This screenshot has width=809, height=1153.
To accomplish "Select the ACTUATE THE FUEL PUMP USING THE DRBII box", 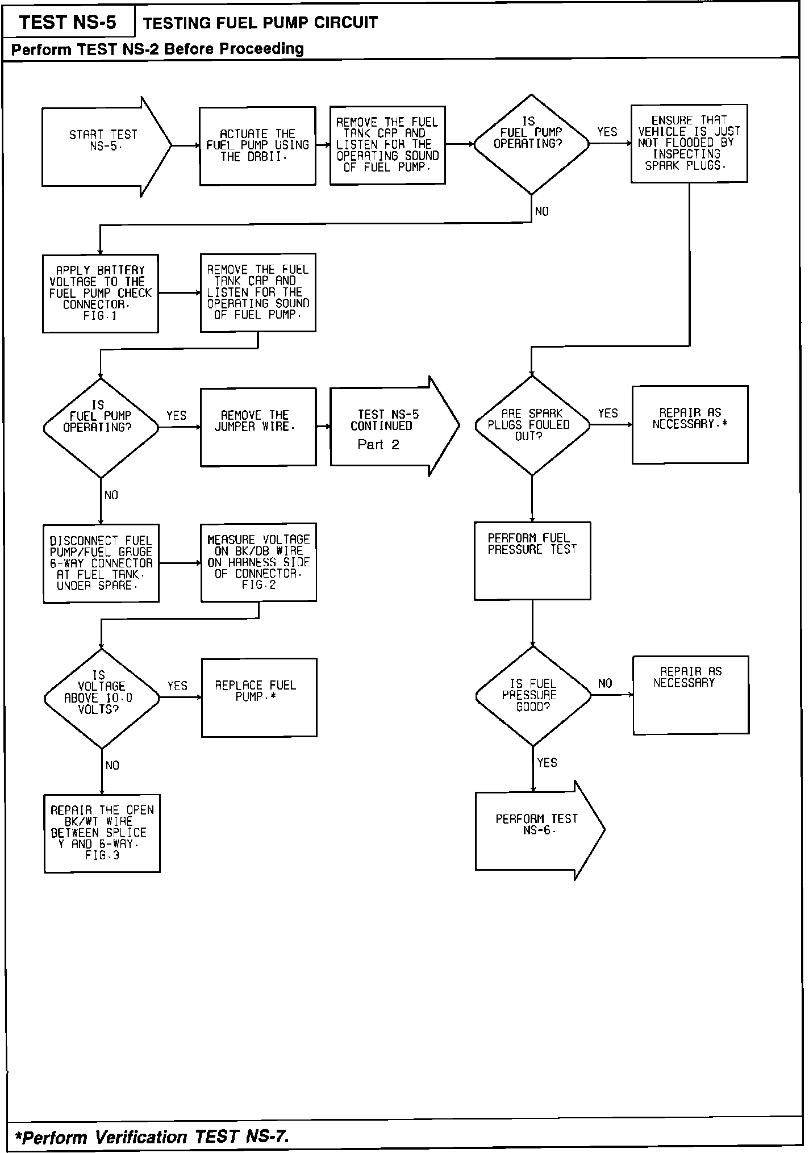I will (257, 146).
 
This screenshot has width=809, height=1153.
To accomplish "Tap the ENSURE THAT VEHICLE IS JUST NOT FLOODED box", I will (689, 143).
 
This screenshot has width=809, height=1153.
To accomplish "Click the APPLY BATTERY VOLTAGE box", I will (101, 293).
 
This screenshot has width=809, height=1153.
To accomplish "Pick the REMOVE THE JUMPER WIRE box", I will (258, 427).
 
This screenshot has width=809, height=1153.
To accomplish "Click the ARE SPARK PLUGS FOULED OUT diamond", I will (532, 425).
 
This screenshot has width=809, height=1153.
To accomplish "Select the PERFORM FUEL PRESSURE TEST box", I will (532, 561).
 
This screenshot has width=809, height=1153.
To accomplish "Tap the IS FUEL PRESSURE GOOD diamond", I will (533, 695).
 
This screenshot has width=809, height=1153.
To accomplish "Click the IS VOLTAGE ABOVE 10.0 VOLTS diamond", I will (102, 698).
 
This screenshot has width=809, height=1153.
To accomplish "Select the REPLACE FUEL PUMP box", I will (259, 697).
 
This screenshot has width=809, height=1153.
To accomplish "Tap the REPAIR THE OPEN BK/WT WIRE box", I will (102, 833).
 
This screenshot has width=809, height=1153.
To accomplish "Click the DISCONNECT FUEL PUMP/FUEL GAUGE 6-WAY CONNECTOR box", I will (101, 563).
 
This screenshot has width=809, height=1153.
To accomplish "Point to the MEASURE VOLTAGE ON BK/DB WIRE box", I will (258, 562).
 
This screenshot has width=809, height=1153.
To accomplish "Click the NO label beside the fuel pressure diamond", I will (605, 683).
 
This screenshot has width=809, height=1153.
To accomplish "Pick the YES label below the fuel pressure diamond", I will (547, 763).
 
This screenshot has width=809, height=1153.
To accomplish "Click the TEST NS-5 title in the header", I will (68, 23).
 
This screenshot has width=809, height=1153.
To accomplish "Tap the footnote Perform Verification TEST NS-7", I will (152, 1137).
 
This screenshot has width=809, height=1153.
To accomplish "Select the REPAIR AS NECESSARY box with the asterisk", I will (690, 424).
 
